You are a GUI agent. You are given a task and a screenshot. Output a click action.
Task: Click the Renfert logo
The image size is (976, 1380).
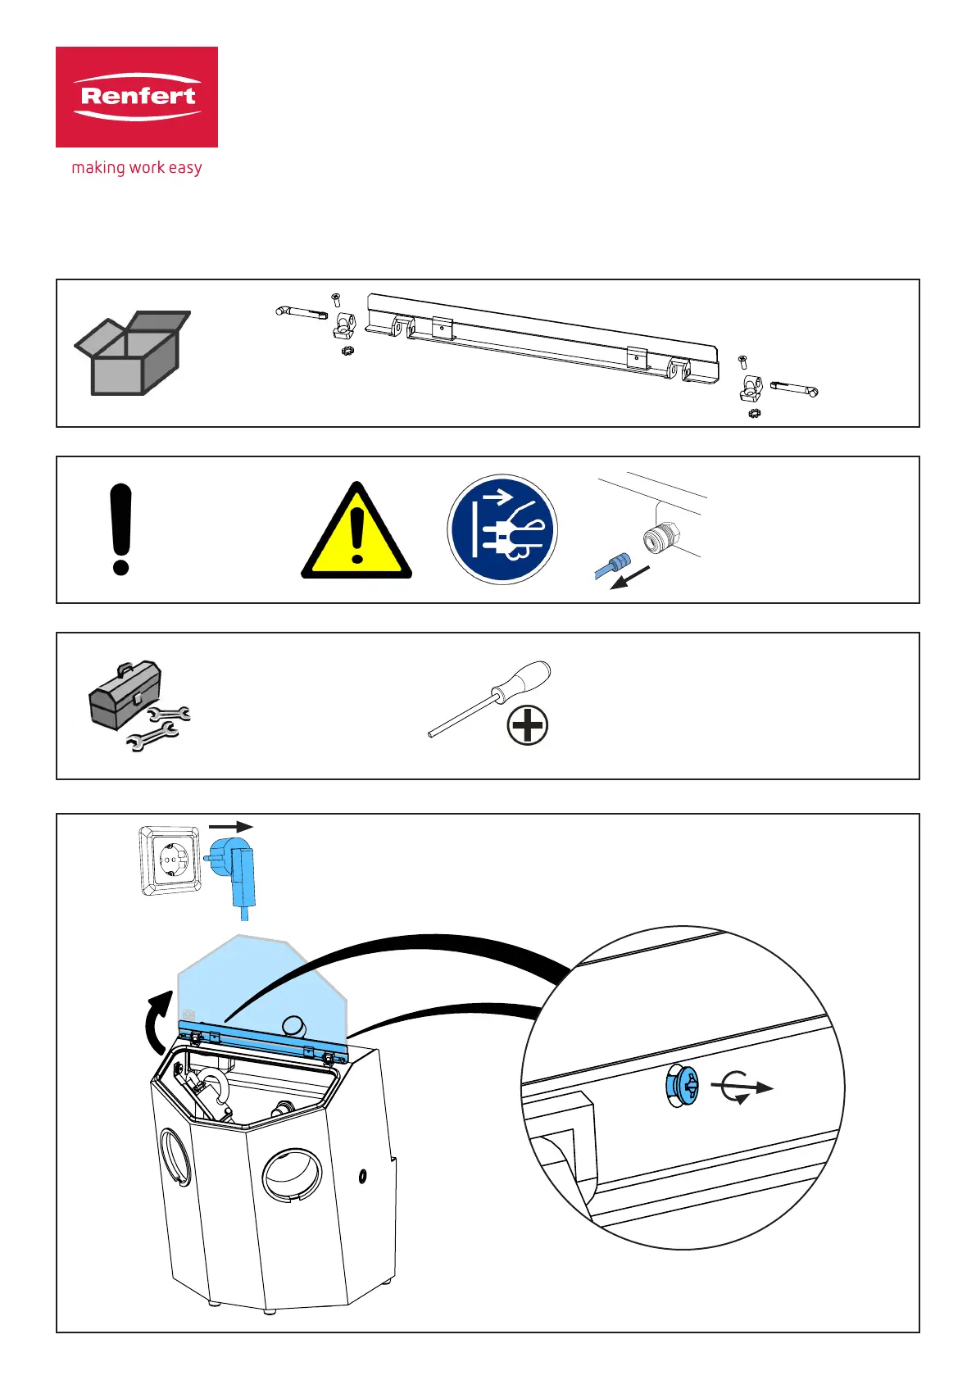pos(137,97)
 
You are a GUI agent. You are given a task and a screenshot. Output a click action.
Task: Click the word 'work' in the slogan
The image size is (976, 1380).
pos(147,168)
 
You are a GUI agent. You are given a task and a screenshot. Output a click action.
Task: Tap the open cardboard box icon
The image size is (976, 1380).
pos(132,353)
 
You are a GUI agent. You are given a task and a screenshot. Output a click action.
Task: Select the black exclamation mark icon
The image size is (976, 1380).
pos(120,529)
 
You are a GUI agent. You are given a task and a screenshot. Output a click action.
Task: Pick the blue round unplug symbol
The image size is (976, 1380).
pos(502,529)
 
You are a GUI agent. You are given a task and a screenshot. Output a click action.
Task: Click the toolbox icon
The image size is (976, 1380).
pos(125,695)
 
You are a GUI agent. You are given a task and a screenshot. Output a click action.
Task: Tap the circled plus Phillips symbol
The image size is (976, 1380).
pos(527,725)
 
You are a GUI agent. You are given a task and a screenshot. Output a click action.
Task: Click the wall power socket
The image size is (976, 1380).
pos(170,860)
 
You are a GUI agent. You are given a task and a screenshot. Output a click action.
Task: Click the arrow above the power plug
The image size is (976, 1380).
pos(231,828)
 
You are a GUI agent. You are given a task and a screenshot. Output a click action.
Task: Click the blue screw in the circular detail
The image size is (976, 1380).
pos(682,1087)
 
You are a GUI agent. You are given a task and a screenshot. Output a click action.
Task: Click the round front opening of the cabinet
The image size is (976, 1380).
pos(291,1176)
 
